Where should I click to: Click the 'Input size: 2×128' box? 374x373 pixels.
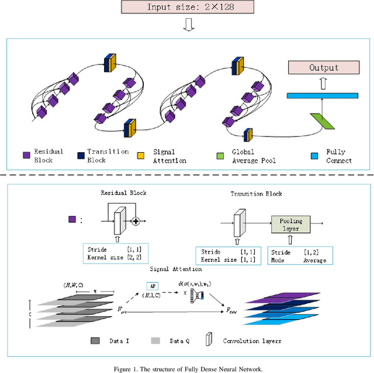pyautogui.click(x=188, y=7)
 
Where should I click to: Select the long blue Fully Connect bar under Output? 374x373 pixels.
pyautogui.click(x=322, y=95)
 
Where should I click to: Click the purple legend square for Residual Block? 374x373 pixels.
pyautogui.click(x=26, y=156)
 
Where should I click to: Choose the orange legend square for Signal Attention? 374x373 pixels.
pyautogui.click(x=141, y=156)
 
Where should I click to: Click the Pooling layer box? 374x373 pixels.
pyautogui.click(x=290, y=224)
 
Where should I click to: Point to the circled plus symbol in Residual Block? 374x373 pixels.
pyautogui.click(x=136, y=221)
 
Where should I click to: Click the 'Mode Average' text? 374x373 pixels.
pyautogui.click(x=299, y=259)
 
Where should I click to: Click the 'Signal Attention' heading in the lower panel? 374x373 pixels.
pyautogui.click(x=176, y=269)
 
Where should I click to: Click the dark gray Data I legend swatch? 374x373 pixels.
pyautogui.click(x=96, y=340)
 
